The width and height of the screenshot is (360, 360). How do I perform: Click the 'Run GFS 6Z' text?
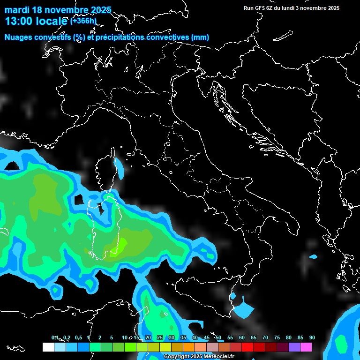(261, 8)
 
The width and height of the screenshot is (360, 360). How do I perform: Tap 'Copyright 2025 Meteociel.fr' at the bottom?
(199, 357)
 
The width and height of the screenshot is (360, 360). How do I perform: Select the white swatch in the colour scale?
(48, 347)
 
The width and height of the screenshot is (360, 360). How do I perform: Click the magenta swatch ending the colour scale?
(306, 347)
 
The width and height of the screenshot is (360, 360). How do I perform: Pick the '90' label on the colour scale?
(312, 338)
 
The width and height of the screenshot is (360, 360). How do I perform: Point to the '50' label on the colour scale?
(218, 338)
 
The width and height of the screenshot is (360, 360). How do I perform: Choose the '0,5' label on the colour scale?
(78, 338)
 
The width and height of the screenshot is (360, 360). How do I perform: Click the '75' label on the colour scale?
(277, 338)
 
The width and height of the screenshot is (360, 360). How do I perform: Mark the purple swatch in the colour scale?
(294, 347)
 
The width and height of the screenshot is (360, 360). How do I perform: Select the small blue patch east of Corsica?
(120, 168)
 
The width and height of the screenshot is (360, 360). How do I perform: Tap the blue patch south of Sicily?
(242, 309)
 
